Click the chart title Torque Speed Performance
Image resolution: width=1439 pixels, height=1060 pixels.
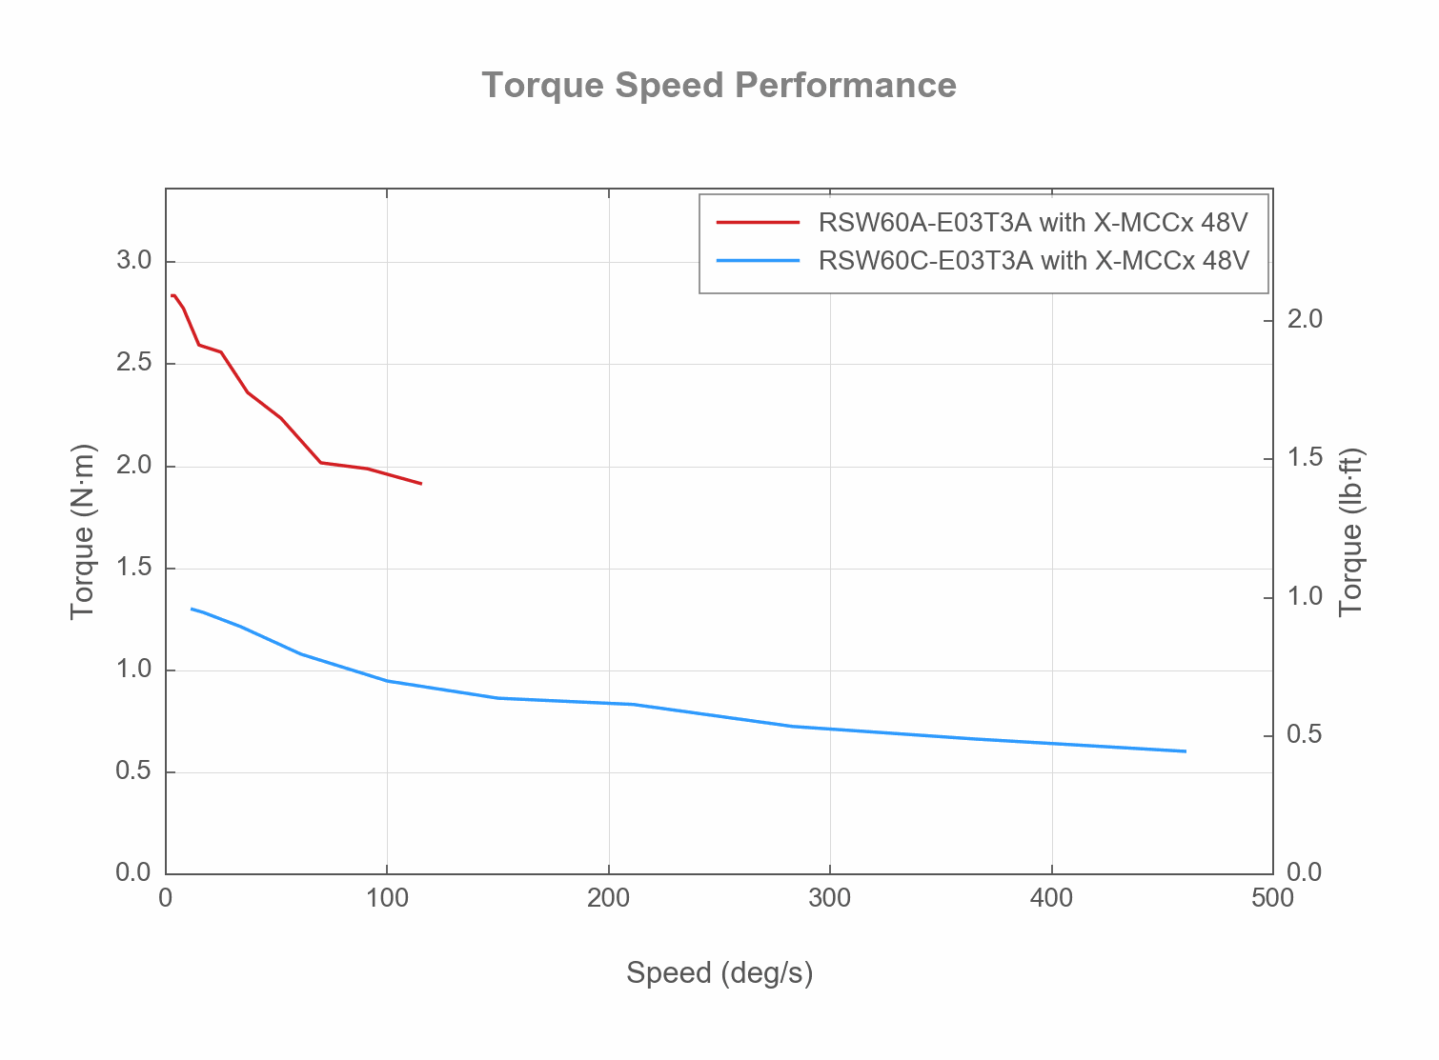click(x=719, y=86)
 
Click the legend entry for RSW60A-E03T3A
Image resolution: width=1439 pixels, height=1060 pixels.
click(x=1032, y=223)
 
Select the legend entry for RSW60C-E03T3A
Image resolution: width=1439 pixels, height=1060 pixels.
click(x=1033, y=260)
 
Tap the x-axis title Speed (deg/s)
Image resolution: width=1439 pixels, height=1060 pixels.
click(x=719, y=973)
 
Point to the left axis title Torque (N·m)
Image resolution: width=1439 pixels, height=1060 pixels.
click(x=83, y=531)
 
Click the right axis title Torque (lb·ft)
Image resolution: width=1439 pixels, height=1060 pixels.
click(x=1351, y=531)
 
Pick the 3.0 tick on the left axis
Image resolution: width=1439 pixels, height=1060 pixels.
click(x=134, y=261)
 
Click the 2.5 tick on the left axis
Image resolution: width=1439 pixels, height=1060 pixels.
click(x=134, y=363)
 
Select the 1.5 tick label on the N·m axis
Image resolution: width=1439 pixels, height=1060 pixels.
click(x=134, y=568)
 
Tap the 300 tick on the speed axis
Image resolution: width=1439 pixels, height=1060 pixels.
click(x=830, y=898)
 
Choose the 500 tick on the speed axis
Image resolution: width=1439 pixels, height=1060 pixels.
click(x=1272, y=898)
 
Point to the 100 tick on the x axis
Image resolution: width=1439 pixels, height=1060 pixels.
click(x=387, y=898)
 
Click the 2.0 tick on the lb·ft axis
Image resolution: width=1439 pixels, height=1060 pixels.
click(x=1305, y=319)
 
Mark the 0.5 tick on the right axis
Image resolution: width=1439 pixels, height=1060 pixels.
click(x=1305, y=735)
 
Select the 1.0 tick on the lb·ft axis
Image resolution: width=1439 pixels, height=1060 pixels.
click(x=1305, y=597)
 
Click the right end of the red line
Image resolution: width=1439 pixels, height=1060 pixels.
click(x=421, y=484)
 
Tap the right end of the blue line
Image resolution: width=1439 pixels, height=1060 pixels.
click(x=1186, y=751)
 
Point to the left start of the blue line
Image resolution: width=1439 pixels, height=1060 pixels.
click(x=192, y=609)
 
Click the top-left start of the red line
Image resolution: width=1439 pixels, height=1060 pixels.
click(x=172, y=295)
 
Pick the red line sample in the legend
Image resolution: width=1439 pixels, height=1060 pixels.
click(x=758, y=223)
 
